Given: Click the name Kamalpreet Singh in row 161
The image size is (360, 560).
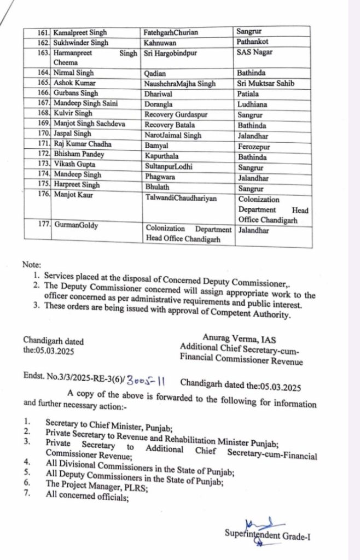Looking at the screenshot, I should coord(78,33).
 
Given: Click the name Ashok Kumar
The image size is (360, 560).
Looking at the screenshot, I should coord(75,83).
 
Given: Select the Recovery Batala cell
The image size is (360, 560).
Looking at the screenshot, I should coord(169,125).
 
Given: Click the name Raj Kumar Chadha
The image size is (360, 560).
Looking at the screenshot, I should coord(82,144).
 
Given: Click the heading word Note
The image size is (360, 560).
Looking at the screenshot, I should coord(32,264).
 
